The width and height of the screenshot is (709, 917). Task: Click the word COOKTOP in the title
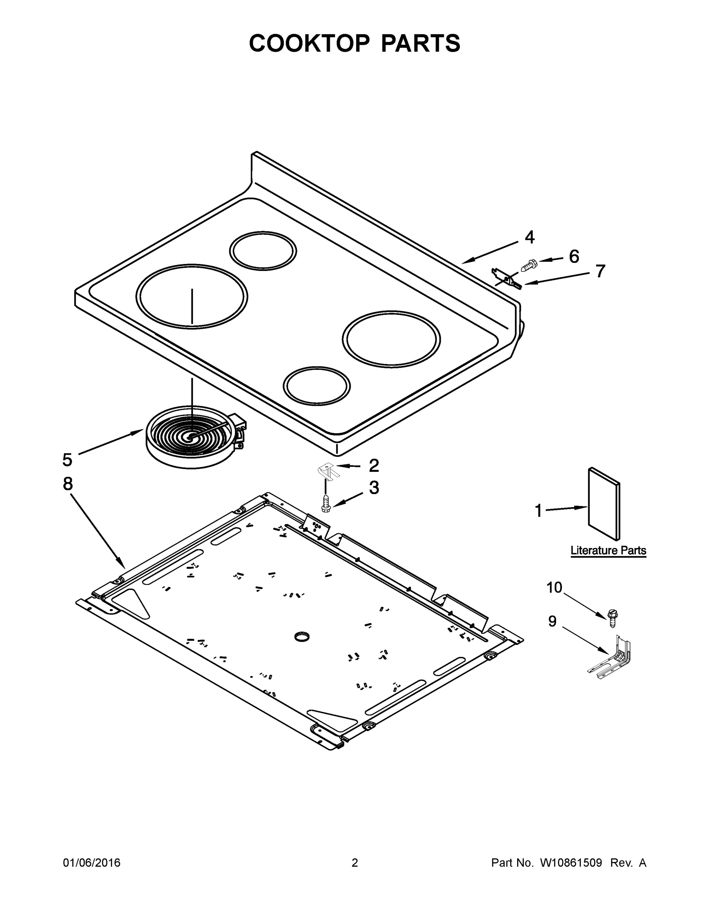point(310,43)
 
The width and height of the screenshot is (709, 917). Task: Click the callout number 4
point(530,238)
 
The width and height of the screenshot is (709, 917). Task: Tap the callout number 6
point(574,256)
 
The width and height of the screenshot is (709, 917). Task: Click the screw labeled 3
point(326,504)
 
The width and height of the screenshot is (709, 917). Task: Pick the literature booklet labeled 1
point(604,504)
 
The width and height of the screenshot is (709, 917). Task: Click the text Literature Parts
point(608,551)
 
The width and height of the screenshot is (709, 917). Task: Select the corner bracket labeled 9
point(612,658)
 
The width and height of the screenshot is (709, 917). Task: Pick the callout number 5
point(67,460)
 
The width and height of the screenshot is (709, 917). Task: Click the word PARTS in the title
point(420,43)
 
